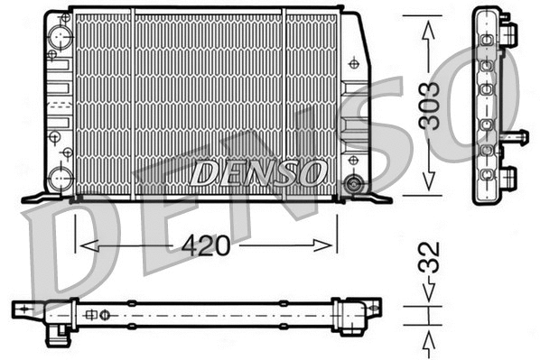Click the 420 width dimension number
click(208, 245)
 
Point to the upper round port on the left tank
click(61, 37)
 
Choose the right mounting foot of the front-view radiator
click(375, 196)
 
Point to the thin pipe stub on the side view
click(518, 136)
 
